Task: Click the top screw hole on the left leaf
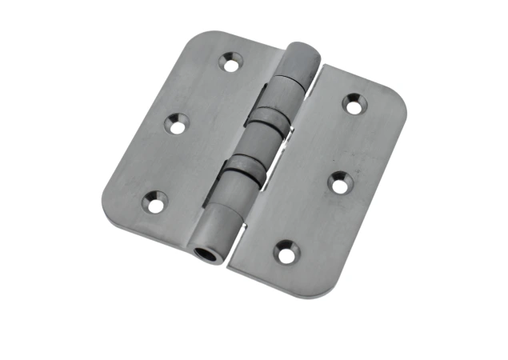[232, 62]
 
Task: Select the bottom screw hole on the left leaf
[155, 204]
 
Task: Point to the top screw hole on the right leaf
[354, 103]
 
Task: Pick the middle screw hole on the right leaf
[340, 182]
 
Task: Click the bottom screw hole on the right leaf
[286, 253]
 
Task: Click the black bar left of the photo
[35, 180]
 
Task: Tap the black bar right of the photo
[471, 180]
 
